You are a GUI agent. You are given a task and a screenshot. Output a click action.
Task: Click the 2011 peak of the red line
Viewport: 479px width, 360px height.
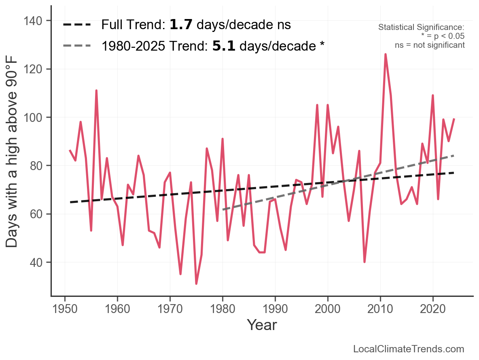tap(385, 54)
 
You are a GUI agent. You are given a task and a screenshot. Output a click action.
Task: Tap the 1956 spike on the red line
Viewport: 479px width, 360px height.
tap(96, 91)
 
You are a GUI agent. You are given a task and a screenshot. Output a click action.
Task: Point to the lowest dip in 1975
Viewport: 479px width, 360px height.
tap(196, 283)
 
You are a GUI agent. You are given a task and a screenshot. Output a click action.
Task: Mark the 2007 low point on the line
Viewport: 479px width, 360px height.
tap(365, 262)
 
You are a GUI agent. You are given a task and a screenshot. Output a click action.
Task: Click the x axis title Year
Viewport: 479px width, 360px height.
tap(262, 325)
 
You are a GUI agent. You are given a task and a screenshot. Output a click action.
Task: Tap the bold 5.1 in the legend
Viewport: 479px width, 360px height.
tap(224, 46)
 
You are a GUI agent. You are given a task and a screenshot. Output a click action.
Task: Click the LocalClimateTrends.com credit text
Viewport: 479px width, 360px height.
tap(409, 349)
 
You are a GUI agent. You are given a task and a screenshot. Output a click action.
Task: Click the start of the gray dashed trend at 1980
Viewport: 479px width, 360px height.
tap(223, 210)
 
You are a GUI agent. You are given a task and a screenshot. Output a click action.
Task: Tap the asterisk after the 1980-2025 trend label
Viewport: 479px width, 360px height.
tap(322, 45)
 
